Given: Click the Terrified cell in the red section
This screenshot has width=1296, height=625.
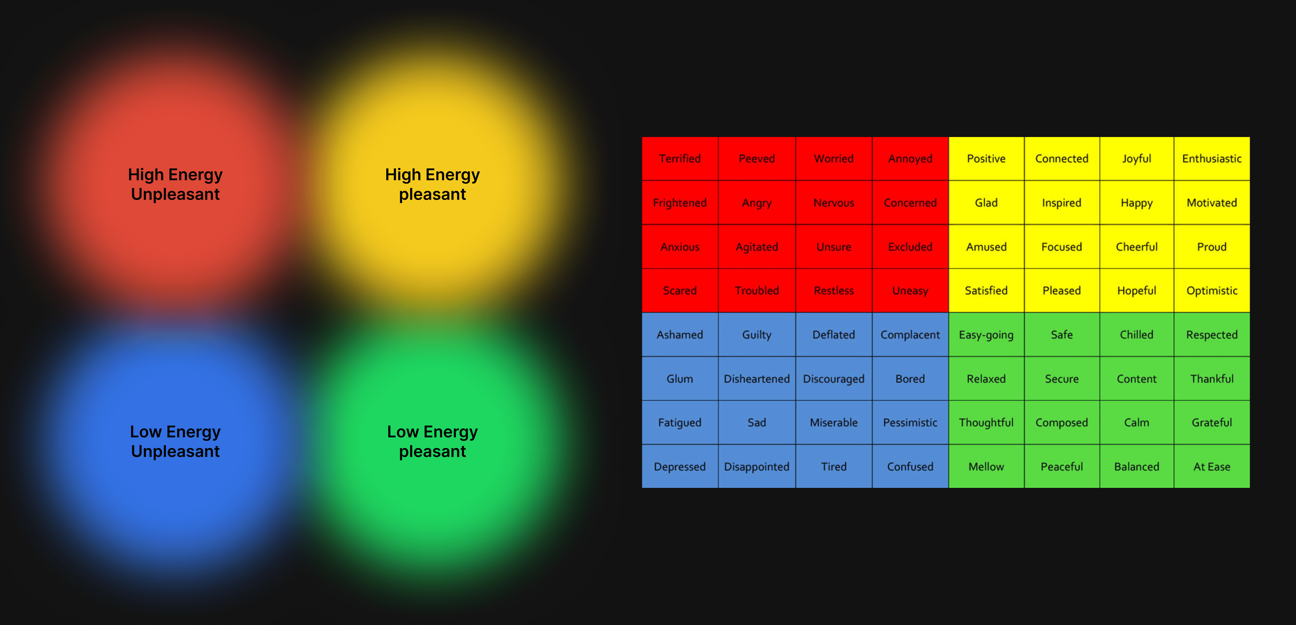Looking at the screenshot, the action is pyautogui.click(x=680, y=158).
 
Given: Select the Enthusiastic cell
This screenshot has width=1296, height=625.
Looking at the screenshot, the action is pyautogui.click(x=1211, y=158).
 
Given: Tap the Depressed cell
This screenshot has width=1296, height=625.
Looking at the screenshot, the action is pyautogui.click(x=680, y=467).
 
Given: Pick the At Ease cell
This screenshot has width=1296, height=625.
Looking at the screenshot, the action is pyautogui.click(x=1211, y=467).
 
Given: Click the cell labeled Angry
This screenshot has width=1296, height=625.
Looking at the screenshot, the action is pyautogui.click(x=757, y=203).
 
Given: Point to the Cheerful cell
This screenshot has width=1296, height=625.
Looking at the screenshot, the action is pyautogui.click(x=1137, y=247).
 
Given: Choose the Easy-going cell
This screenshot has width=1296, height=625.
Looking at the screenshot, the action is pyautogui.click(x=986, y=335).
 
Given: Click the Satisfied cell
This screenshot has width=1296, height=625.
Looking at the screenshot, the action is pyautogui.click(x=986, y=290).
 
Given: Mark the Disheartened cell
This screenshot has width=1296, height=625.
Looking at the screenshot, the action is pyautogui.click(x=757, y=378).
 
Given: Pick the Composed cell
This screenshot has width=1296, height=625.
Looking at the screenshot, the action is pyautogui.click(x=1062, y=422).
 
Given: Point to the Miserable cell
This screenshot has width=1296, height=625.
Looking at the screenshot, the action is pyautogui.click(x=834, y=422).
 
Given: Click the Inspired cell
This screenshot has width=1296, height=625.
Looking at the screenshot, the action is pyautogui.click(x=1062, y=203).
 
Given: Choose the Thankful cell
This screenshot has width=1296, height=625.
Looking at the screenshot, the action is pyautogui.click(x=1211, y=378).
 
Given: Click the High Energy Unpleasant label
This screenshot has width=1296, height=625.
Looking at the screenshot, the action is pyautogui.click(x=175, y=184).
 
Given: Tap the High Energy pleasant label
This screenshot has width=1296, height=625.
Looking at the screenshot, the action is pyautogui.click(x=432, y=184).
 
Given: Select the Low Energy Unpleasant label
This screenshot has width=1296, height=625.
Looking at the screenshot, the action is pyautogui.click(x=175, y=441).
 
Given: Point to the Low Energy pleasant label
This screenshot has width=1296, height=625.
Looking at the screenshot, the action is pyautogui.click(x=432, y=441).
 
